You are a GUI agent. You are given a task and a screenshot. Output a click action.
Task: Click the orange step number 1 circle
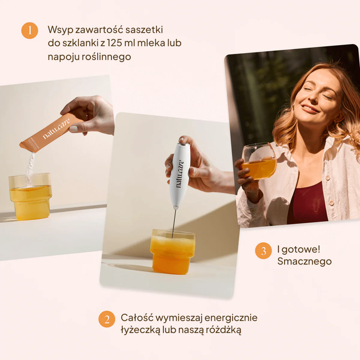tap(30, 30)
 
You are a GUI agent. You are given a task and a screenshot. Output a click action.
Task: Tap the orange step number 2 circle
tap(107, 319)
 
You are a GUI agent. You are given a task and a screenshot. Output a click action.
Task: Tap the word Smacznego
tap(304, 262)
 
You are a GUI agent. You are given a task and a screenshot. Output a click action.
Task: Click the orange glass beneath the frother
tap(173, 251)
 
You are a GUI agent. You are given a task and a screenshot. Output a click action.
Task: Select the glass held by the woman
tap(259, 161)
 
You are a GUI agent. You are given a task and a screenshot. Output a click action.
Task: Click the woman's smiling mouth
tap(310, 109)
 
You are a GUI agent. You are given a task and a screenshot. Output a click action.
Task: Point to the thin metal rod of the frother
tap(173, 217)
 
